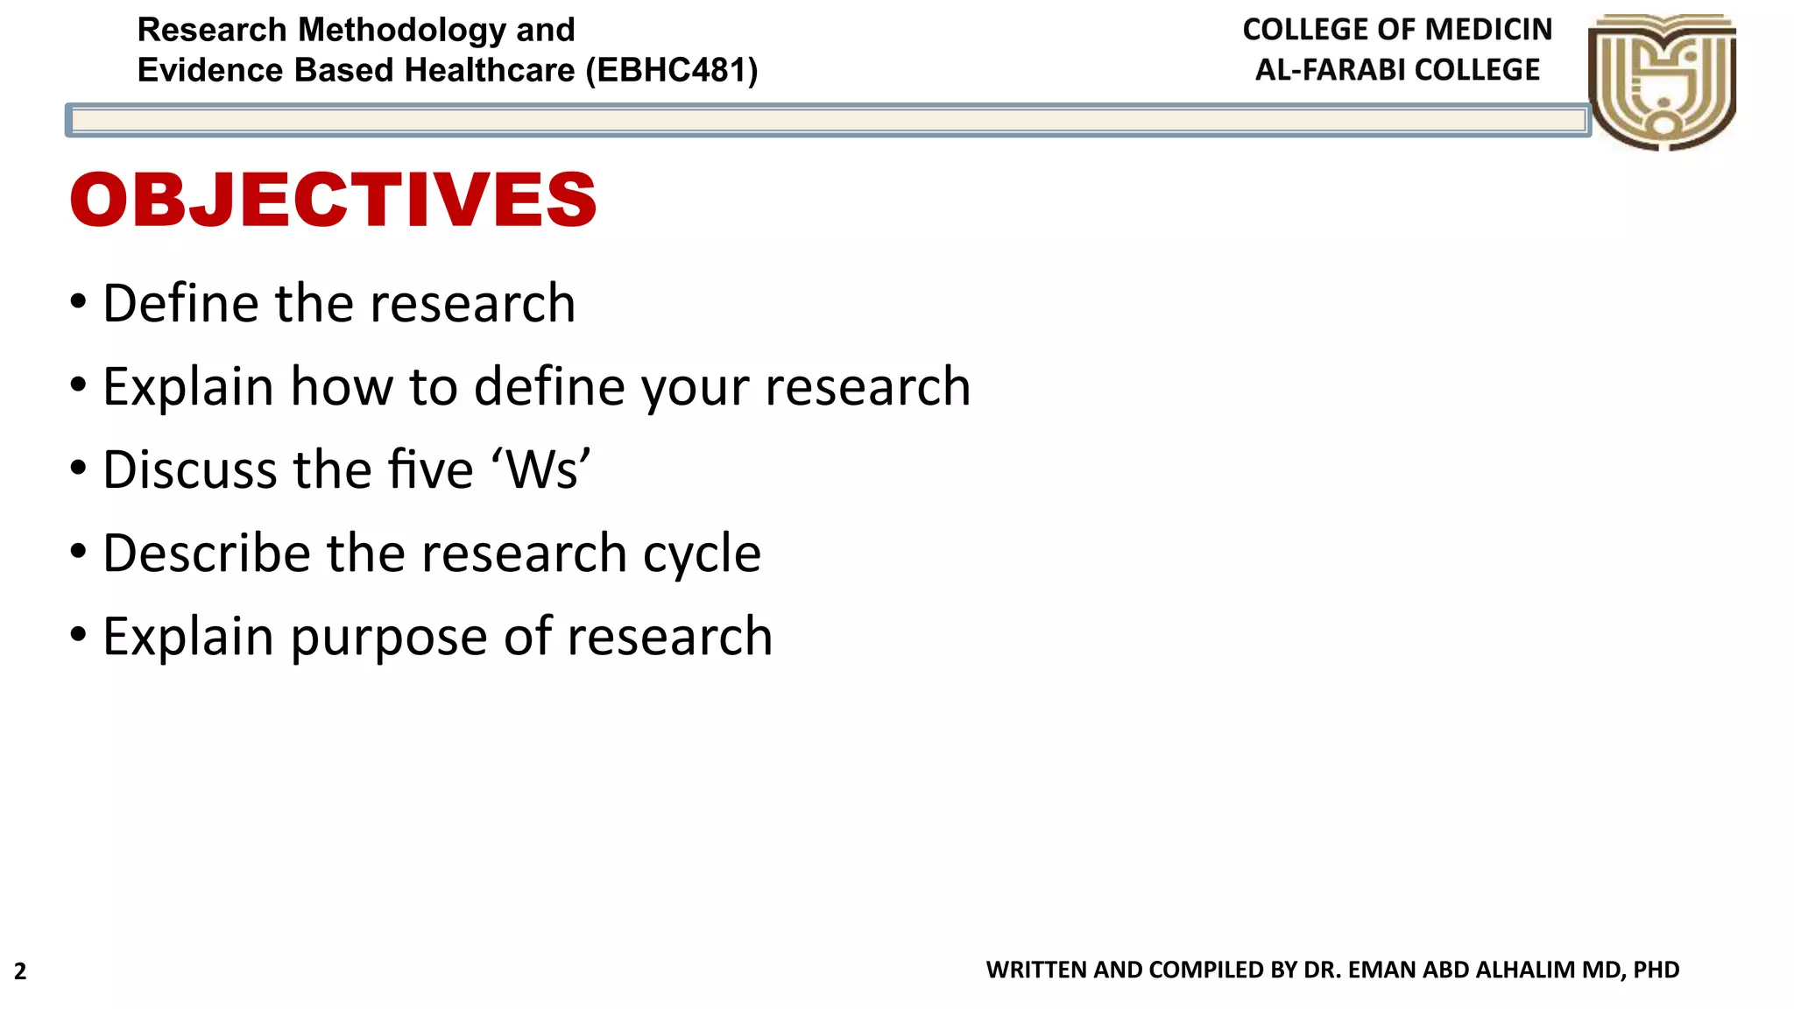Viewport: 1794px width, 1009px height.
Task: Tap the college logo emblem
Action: point(1662,81)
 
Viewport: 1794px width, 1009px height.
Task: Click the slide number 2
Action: point(20,971)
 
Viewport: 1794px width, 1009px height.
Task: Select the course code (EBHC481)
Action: point(672,70)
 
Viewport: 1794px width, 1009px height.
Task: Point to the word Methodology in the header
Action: point(401,30)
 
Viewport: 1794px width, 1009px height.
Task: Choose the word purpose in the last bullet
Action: point(389,638)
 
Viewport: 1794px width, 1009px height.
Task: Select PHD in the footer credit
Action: point(1656,970)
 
